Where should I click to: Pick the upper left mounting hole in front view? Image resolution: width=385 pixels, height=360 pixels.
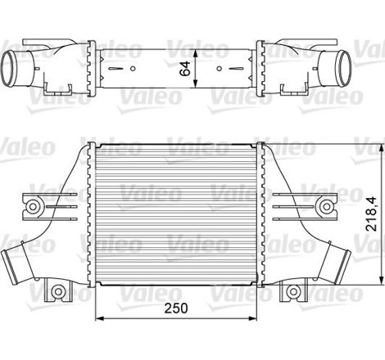36,205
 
